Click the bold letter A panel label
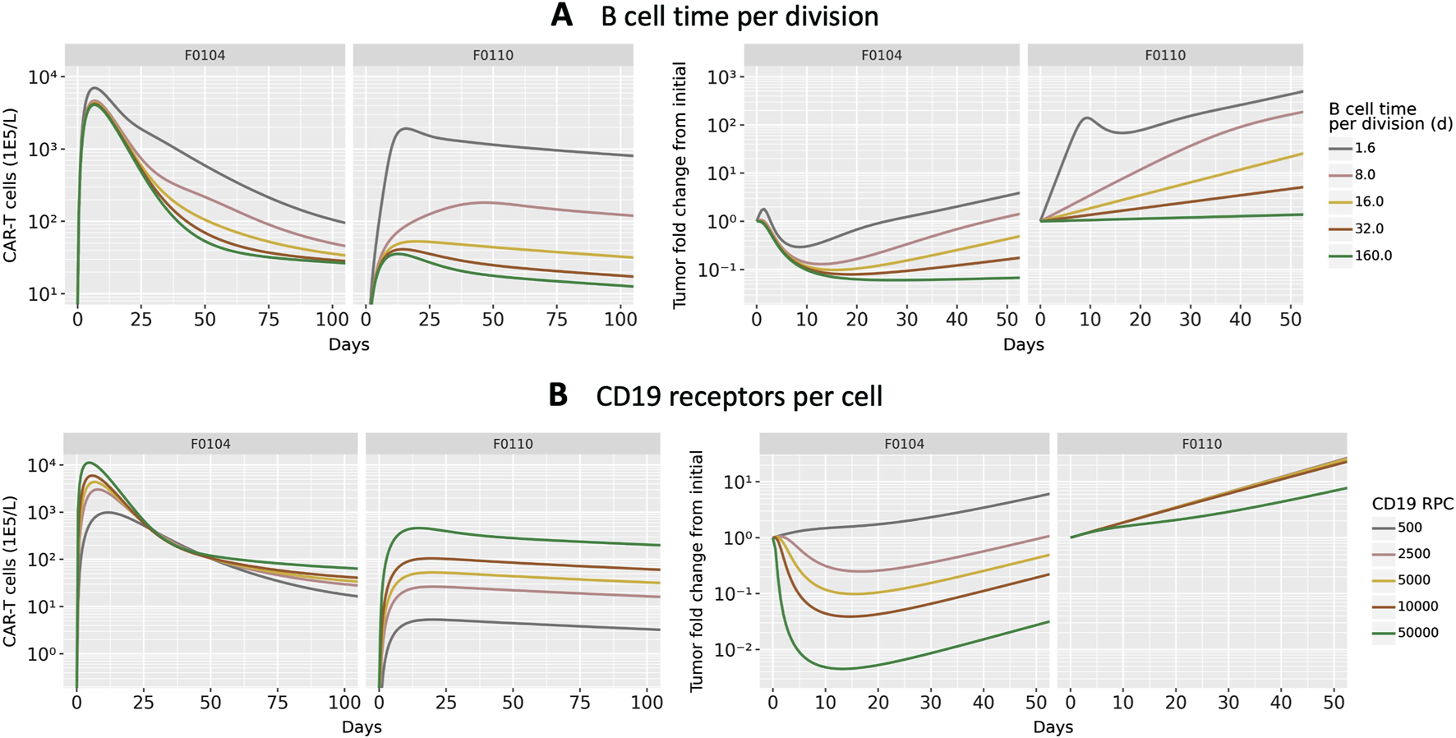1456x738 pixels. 561,16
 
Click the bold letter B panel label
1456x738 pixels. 558,395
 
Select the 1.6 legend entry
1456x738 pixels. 1365,149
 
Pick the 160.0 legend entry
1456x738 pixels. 1372,256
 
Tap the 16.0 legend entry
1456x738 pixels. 1368,202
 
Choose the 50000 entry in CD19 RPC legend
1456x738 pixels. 1417,633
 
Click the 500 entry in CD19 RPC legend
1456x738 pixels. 1409,528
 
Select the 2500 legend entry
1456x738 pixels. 1413,554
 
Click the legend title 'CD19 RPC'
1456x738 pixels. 1412,504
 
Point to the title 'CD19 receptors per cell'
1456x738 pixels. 739,396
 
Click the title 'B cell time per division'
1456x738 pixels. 740,16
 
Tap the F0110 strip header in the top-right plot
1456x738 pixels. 1164,55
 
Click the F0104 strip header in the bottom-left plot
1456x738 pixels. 210,444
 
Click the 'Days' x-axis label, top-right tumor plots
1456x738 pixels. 1023,345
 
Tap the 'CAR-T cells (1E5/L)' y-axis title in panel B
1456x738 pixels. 10,570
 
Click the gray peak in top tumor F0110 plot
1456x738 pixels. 1088,118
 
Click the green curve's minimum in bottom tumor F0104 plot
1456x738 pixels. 841,668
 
